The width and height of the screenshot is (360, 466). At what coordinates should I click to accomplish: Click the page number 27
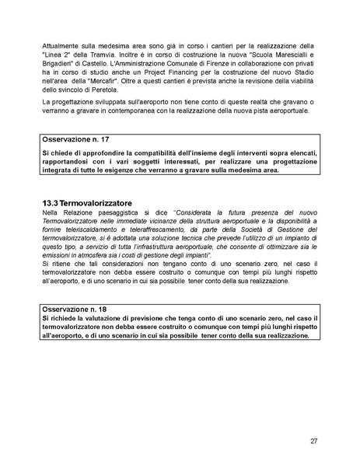[313, 441]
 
